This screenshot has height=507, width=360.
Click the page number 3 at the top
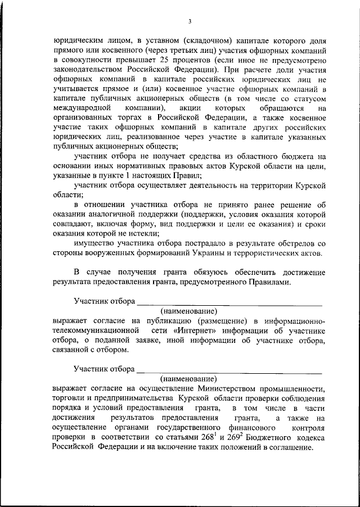tap(190, 21)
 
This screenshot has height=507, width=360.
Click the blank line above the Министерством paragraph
tap(229, 369)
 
